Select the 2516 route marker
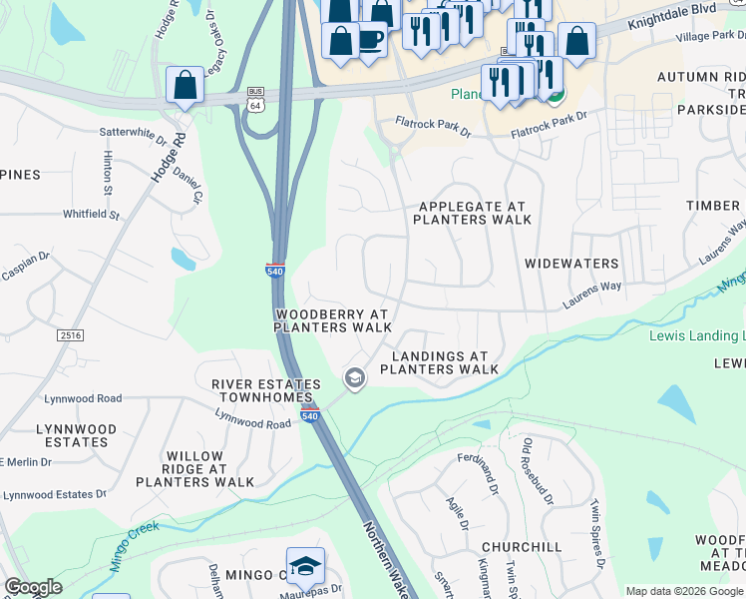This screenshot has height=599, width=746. point(70,336)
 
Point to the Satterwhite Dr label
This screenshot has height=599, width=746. point(133,131)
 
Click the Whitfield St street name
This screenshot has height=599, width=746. point(91,215)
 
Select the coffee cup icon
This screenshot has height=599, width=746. point(371,39)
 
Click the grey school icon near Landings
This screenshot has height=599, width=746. point(354,378)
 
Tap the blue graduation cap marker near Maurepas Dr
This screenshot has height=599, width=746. point(305,566)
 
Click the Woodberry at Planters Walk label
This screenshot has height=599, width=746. point(333,319)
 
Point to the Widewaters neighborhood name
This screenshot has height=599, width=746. point(571,265)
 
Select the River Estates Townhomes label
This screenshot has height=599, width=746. point(266,391)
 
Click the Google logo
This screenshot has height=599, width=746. point(32,587)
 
